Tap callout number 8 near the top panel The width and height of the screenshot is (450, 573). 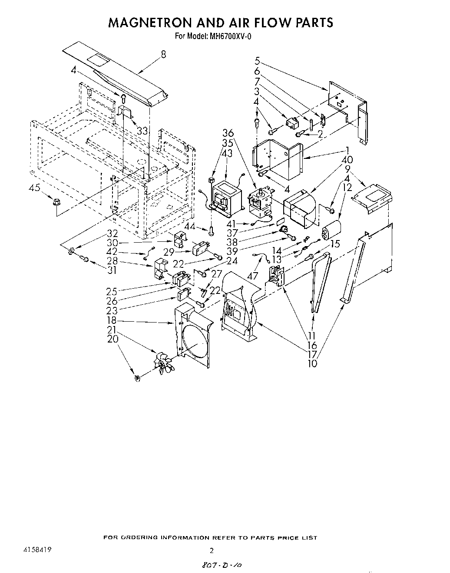click(163, 55)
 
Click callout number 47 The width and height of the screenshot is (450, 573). click(252, 276)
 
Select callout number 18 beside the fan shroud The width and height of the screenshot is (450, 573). click(112, 321)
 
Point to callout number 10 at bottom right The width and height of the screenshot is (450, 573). click(313, 363)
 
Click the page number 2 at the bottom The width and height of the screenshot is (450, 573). click(212, 551)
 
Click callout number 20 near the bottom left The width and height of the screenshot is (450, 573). click(112, 339)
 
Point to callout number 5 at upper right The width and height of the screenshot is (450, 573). click(258, 61)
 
